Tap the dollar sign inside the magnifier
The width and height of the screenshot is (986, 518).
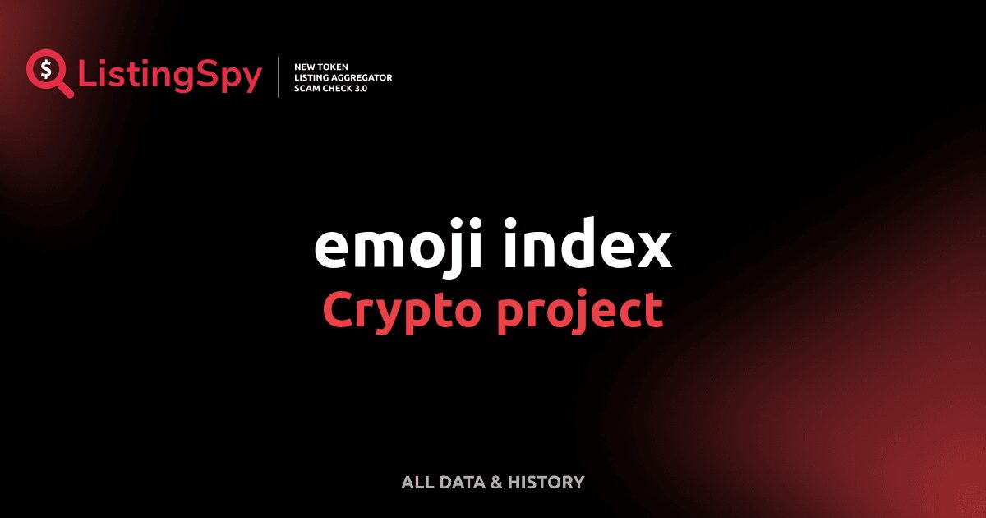46,70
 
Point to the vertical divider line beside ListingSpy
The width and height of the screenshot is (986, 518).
279,76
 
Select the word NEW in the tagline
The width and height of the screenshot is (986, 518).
303,67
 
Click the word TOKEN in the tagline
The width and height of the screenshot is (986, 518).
331,67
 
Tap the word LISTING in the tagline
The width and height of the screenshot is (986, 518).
311,77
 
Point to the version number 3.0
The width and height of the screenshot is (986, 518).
361,89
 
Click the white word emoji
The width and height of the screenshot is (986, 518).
399,247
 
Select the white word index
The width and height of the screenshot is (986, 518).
588,243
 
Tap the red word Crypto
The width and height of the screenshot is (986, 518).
401,312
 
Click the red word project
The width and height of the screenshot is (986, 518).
580,312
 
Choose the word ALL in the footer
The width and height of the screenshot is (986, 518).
417,483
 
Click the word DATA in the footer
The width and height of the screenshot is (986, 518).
462,483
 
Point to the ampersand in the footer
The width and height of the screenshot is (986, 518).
496,483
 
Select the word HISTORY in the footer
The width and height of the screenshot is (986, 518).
546,483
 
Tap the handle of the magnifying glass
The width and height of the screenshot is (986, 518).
65,89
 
